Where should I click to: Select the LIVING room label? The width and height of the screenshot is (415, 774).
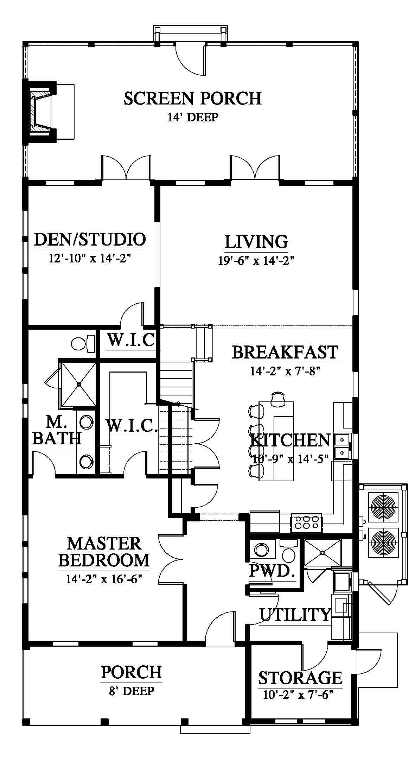(256, 242)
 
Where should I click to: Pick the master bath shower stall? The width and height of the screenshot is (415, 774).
(78, 385)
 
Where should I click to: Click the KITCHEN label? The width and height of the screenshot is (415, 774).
(290, 440)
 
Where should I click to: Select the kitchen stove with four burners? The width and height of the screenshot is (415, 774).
(306, 522)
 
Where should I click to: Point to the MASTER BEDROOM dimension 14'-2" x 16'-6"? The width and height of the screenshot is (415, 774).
(104, 579)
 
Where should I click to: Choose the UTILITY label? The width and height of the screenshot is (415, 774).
(295, 615)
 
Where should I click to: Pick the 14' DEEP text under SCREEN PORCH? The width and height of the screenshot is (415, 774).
(193, 117)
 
